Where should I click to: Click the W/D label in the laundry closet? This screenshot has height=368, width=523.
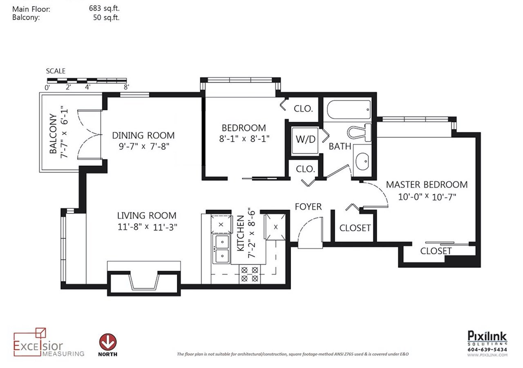(x=305, y=139)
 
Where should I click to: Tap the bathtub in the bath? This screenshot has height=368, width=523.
(x=349, y=110)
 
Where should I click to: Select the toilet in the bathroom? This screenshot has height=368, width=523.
(x=359, y=132)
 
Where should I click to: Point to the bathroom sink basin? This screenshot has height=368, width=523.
(x=362, y=161)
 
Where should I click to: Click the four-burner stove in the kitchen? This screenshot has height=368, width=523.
(x=250, y=274)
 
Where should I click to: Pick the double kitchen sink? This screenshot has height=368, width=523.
(x=221, y=249)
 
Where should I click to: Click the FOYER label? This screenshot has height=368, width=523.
(x=308, y=206)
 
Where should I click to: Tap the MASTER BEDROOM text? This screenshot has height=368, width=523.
(x=427, y=184)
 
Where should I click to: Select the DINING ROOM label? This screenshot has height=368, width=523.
(x=143, y=135)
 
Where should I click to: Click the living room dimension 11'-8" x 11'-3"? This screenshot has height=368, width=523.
(x=147, y=227)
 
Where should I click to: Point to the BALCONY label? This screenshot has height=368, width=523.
(x=53, y=133)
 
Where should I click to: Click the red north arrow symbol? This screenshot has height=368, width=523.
(x=108, y=342)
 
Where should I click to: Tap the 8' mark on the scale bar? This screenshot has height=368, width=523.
(x=126, y=88)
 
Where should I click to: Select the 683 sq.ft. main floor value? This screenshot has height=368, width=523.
(x=104, y=9)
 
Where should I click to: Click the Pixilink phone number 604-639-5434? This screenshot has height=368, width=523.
(x=487, y=350)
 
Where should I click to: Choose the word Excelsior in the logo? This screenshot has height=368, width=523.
(x=38, y=346)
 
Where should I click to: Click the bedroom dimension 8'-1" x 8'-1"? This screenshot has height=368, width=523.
(x=244, y=139)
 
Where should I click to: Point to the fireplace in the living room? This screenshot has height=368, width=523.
(x=144, y=282)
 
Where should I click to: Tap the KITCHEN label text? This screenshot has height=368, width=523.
(x=241, y=233)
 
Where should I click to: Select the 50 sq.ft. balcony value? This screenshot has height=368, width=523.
(x=106, y=18)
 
